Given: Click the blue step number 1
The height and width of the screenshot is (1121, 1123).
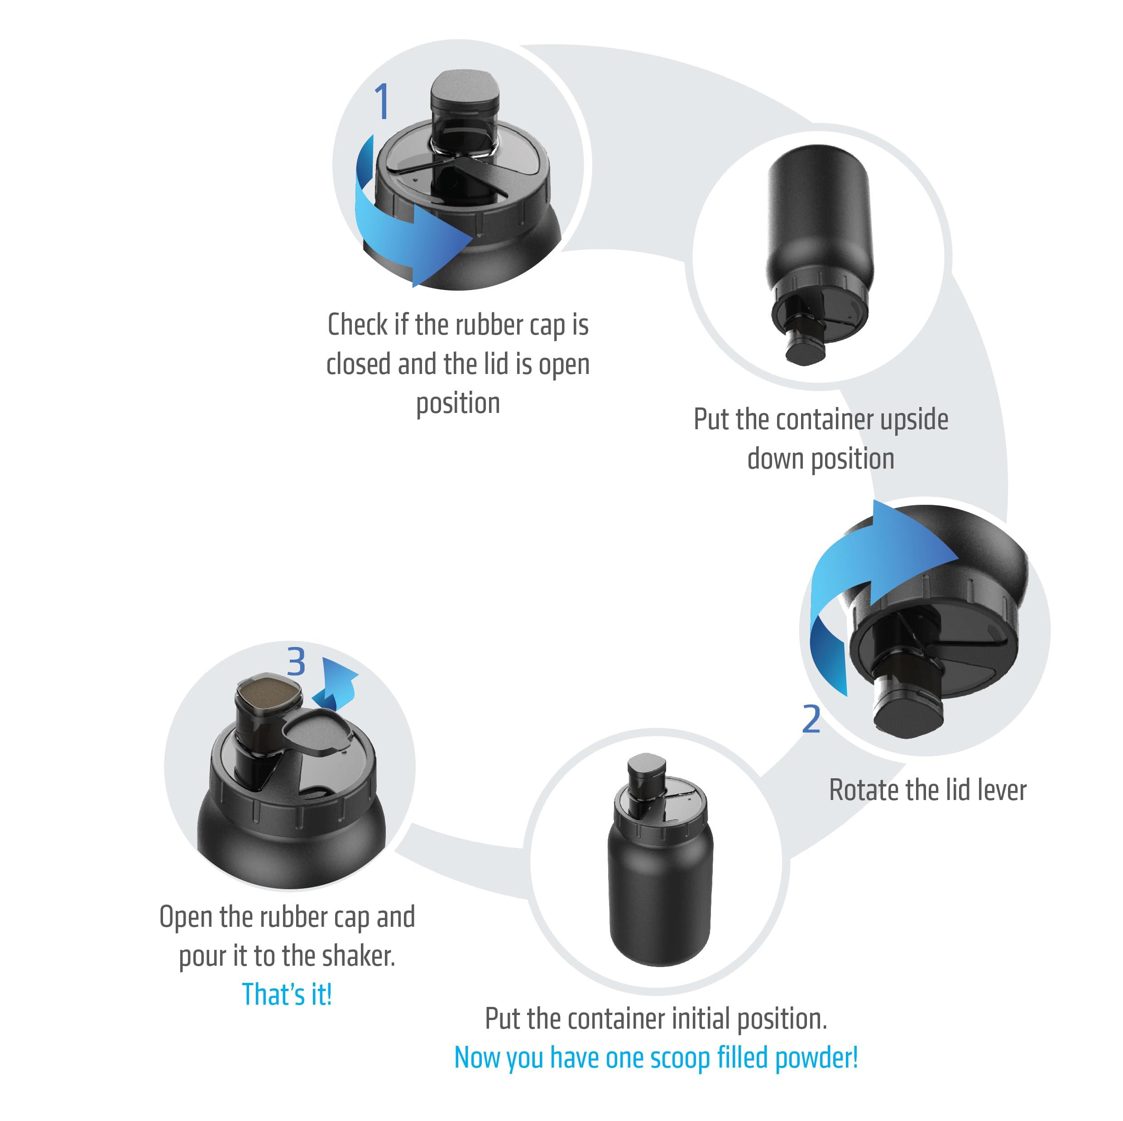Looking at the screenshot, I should tap(381, 102).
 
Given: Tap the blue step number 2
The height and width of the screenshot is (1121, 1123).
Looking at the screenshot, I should tap(811, 719).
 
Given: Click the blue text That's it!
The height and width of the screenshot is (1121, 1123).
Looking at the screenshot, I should tap(287, 994).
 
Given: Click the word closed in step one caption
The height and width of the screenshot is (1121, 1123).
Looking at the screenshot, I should tap(359, 364).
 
